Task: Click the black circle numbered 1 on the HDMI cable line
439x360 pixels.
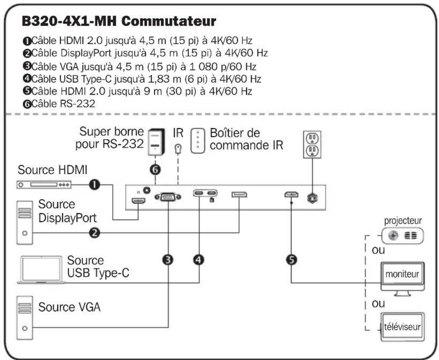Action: [x=95, y=184]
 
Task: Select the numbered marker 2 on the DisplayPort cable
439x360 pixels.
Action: [x=95, y=233]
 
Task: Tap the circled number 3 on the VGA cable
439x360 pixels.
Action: [x=168, y=260]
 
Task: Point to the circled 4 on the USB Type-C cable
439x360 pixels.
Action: [x=198, y=260]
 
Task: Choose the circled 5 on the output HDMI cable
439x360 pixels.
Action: [x=291, y=260]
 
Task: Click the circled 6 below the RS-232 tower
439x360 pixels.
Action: [x=156, y=169]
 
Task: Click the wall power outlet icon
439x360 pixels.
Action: [x=312, y=144]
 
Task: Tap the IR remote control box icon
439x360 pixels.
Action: [x=198, y=141]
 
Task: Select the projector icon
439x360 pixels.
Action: [x=403, y=236]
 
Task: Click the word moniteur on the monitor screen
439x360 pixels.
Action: [x=402, y=274]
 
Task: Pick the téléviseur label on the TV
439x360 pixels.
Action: [x=403, y=327]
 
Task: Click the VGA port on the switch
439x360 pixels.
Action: [x=168, y=197]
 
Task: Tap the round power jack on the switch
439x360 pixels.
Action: [x=312, y=198]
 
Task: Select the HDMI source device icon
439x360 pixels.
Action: [x=44, y=185]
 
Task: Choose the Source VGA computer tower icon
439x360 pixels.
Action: [x=24, y=318]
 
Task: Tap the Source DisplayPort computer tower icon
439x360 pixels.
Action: [x=24, y=222]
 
